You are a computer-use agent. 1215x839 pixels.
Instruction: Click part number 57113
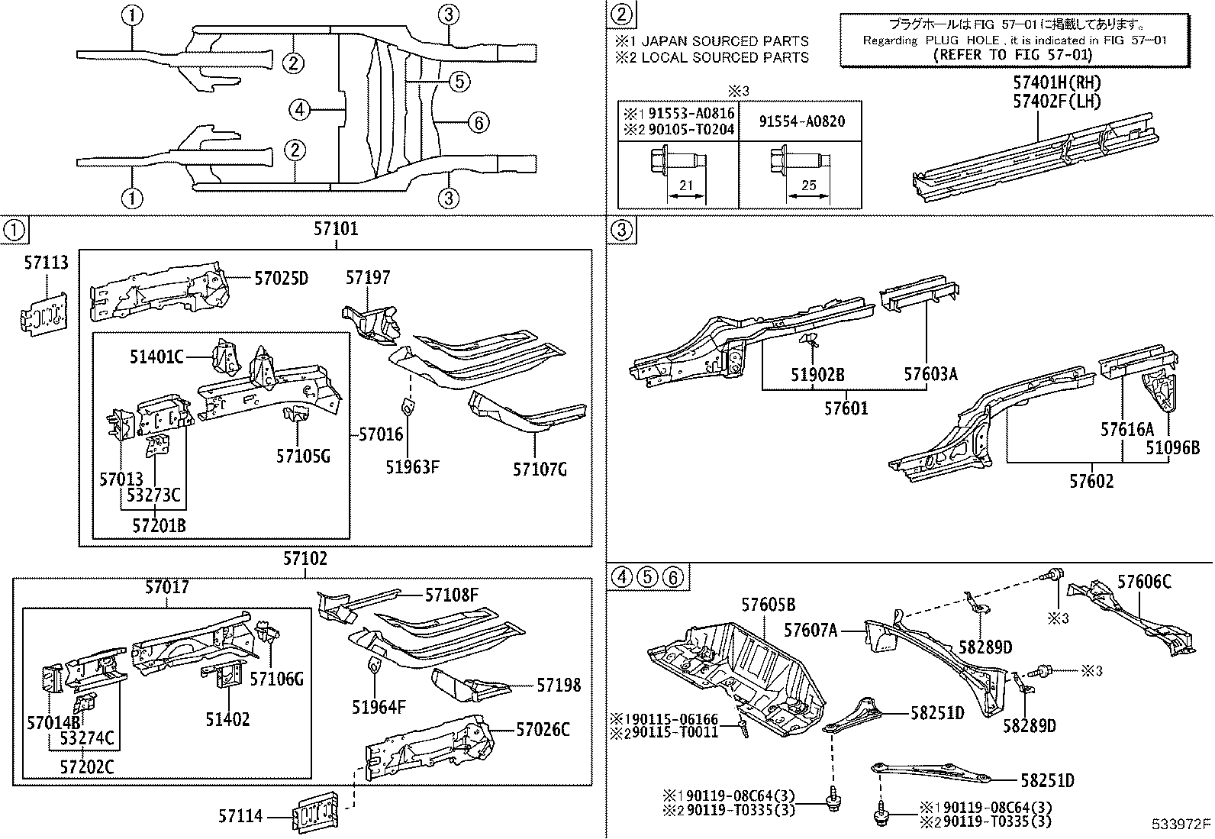(x=45, y=263)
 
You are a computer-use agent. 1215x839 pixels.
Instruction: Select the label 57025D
(x=281, y=278)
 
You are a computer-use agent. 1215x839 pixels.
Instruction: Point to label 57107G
(x=540, y=469)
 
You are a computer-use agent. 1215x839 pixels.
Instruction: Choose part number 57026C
(x=543, y=730)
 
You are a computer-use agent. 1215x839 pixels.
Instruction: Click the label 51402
(x=227, y=718)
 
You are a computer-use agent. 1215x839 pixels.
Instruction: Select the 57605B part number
(x=769, y=605)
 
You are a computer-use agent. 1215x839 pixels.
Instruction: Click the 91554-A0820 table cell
(x=801, y=122)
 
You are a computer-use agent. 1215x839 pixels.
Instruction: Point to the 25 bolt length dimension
(x=809, y=186)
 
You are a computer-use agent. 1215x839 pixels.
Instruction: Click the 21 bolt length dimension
(x=685, y=186)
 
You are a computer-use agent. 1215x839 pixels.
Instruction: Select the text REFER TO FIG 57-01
(x=1013, y=55)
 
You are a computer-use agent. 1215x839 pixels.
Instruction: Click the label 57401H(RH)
(x=1057, y=82)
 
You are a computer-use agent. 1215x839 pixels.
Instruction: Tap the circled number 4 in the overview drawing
(x=300, y=111)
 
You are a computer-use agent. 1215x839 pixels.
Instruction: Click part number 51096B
(x=1172, y=448)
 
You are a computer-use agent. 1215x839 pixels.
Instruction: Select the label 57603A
(x=930, y=373)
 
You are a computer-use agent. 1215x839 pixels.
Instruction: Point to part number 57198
(x=559, y=685)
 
